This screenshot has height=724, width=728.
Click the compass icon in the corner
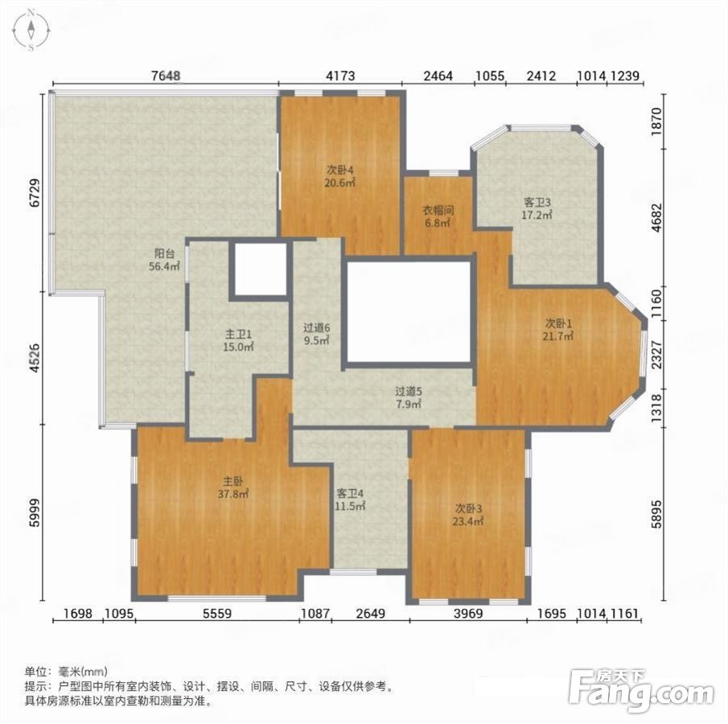pyautogui.click(x=31, y=30)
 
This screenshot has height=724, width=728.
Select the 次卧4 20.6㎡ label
pyautogui.click(x=340, y=176)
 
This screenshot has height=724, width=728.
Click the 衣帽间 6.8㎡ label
pyautogui.click(x=438, y=216)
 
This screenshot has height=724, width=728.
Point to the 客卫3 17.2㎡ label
pyautogui.click(x=537, y=209)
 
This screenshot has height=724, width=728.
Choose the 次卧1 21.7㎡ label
pyautogui.click(x=558, y=329)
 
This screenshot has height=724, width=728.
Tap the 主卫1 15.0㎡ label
pyautogui.click(x=239, y=340)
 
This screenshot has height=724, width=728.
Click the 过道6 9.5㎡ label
pyautogui.click(x=317, y=335)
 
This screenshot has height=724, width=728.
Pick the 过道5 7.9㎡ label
pyautogui.click(x=409, y=398)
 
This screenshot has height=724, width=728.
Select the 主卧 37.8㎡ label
pyautogui.click(x=233, y=487)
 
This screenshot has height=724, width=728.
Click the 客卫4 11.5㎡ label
pyautogui.click(x=350, y=500)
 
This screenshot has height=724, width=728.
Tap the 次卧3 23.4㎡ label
pyautogui.click(x=468, y=515)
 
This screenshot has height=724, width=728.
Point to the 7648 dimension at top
pyautogui.click(x=166, y=76)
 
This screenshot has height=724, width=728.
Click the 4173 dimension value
pyautogui.click(x=340, y=76)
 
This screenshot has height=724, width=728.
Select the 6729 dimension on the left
pyautogui.click(x=35, y=193)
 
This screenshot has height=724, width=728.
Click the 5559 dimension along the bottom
pyautogui.click(x=217, y=614)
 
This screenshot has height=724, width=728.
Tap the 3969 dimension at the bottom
pyautogui.click(x=468, y=614)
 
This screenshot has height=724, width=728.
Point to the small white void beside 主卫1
pyautogui.click(x=260, y=269)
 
